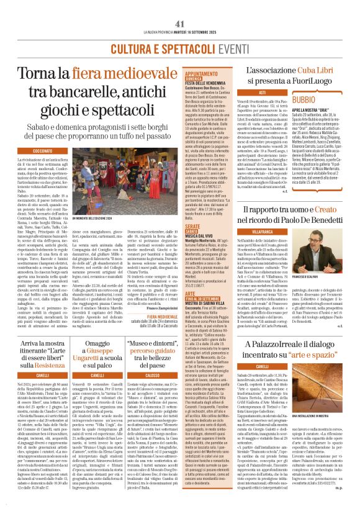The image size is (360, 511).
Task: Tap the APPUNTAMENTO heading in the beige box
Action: click(x=206, y=73)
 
